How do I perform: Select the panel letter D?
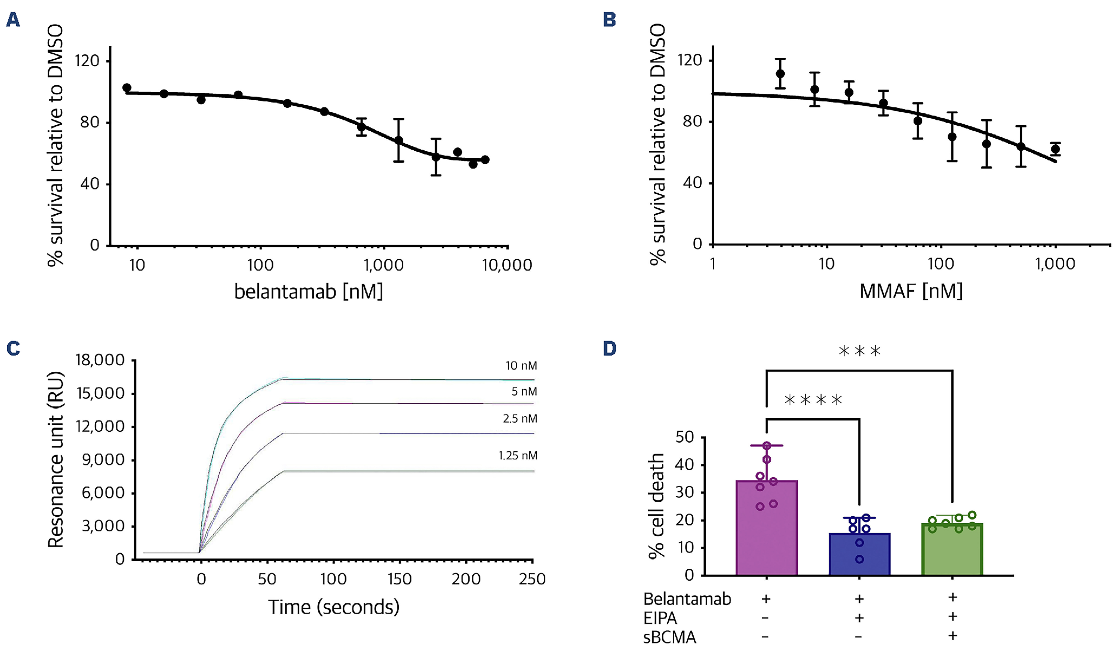click(x=610, y=348)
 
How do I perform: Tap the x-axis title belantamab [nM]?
click(x=308, y=292)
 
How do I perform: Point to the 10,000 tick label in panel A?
click(x=507, y=265)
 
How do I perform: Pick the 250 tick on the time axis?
click(x=532, y=579)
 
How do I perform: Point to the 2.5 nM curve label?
click(x=520, y=419)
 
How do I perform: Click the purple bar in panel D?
click(x=766, y=528)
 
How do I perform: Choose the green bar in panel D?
click(x=952, y=549)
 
